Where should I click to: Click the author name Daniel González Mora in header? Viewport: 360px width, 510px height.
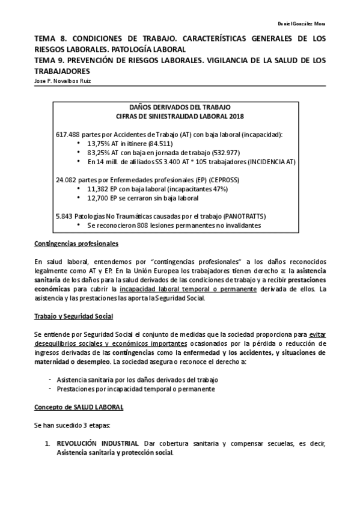(302, 23)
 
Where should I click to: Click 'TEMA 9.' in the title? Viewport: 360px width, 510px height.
(47, 60)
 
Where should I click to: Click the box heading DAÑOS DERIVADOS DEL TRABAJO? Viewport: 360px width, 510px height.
(180, 106)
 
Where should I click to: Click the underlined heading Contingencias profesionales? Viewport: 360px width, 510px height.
(76, 244)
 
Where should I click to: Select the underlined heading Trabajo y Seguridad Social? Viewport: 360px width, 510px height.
(73, 316)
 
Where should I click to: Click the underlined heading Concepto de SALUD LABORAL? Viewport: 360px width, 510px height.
(78, 407)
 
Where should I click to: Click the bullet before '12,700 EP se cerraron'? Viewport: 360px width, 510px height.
(79, 198)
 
